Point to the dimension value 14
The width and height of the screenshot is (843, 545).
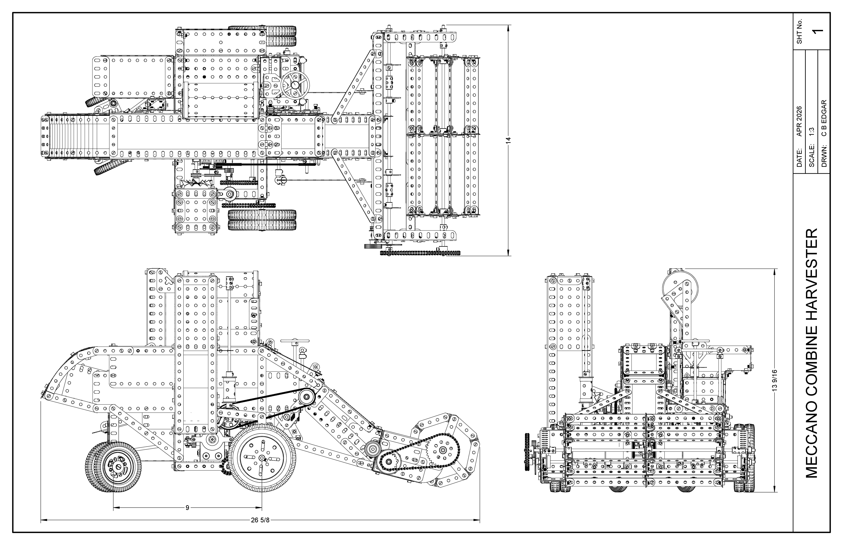point(509,140)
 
